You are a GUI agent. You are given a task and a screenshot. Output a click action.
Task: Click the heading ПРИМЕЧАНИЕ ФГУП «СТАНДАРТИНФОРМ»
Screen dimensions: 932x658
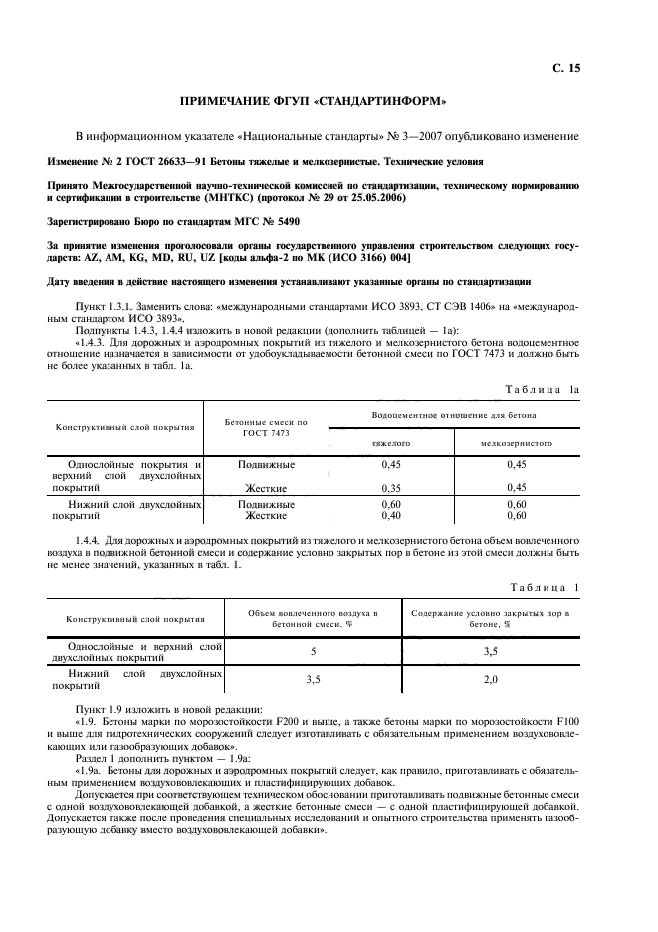coord(312,102)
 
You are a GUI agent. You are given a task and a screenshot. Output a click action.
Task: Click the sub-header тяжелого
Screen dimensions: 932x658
coord(391,442)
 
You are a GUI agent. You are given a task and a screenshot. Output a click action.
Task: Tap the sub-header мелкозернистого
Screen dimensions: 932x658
coord(516,442)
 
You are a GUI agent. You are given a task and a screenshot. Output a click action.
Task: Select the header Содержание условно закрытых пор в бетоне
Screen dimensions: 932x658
coord(491,618)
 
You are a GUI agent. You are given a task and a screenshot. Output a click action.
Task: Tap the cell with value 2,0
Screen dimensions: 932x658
coord(491,680)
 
